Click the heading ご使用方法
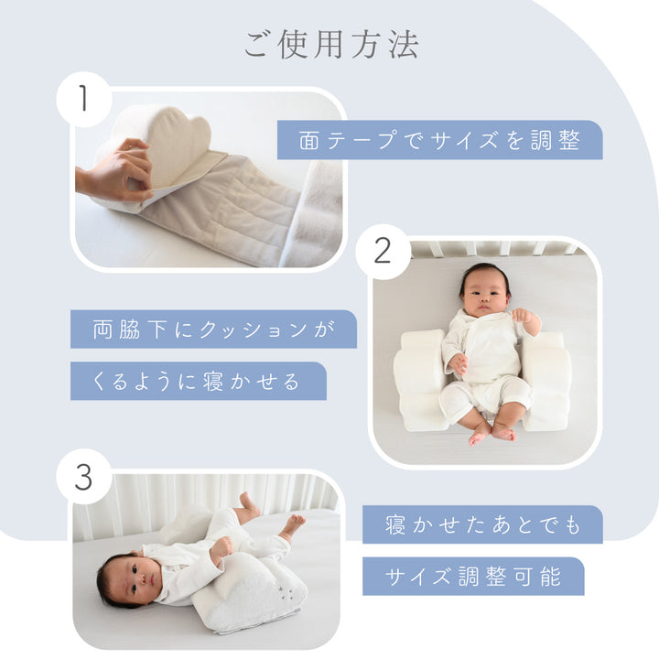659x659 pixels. pos(331,44)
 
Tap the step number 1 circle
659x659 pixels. pos(84,100)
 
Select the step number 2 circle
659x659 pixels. pos(383,252)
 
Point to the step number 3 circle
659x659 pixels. pos(84,477)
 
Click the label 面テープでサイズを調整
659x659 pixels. pos(439,140)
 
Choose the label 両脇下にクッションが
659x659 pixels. pos(213,329)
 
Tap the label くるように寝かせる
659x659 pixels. pos(199,381)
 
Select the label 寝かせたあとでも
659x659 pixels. pos(482,524)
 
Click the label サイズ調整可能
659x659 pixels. pos(473,577)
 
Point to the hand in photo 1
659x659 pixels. pos(115,171)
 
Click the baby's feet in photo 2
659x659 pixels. pos(492,432)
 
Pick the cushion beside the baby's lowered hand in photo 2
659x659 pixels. pos(420,381)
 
